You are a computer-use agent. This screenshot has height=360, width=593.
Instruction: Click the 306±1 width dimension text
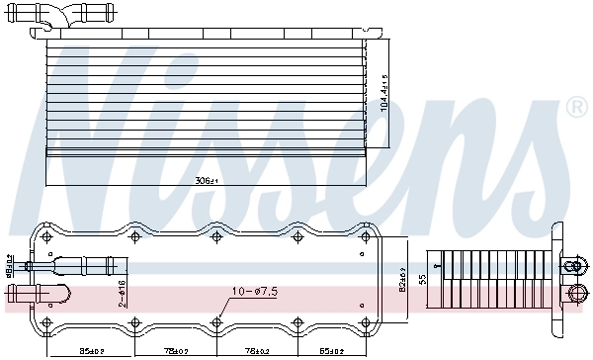pyautogui.click(x=206, y=181)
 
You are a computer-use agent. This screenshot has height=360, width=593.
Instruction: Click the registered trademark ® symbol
pyautogui.click(x=576, y=106)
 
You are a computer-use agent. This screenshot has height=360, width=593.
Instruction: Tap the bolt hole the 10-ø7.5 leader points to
pyautogui.click(x=216, y=321)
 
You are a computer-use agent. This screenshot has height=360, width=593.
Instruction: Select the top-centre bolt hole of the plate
pyautogui.click(x=216, y=237)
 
